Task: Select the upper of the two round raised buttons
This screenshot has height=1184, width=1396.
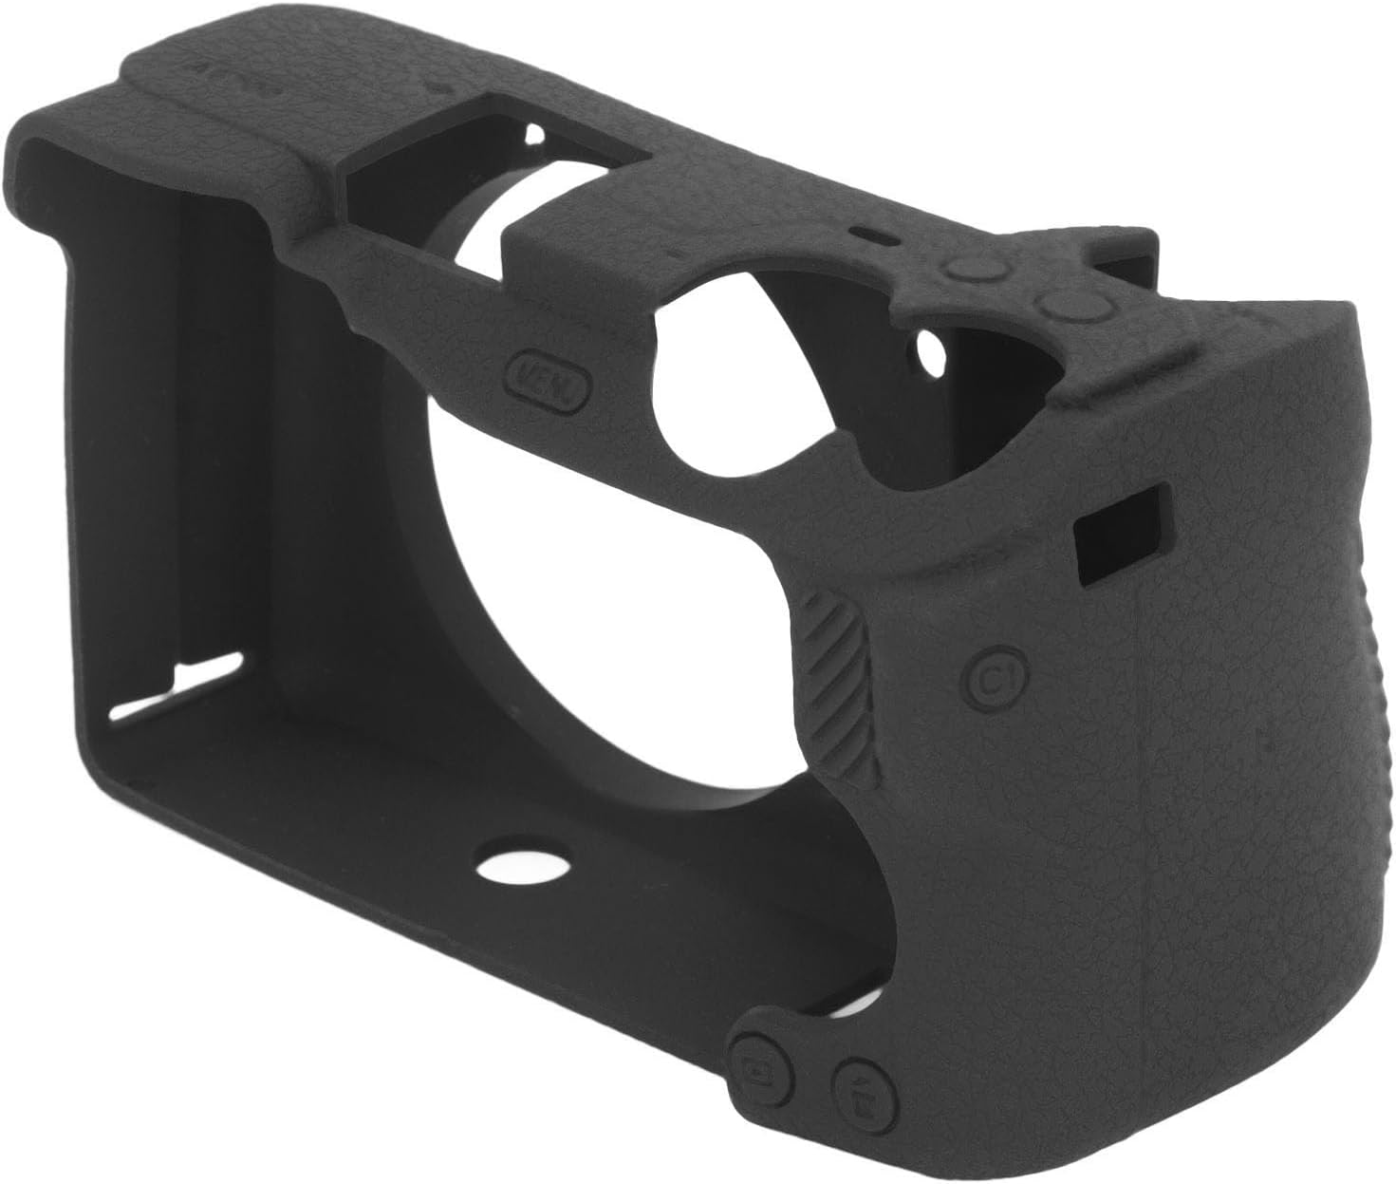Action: [974, 271]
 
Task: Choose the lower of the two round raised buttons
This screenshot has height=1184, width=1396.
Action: [1065, 307]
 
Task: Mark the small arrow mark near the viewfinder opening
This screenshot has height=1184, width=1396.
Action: [439, 82]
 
